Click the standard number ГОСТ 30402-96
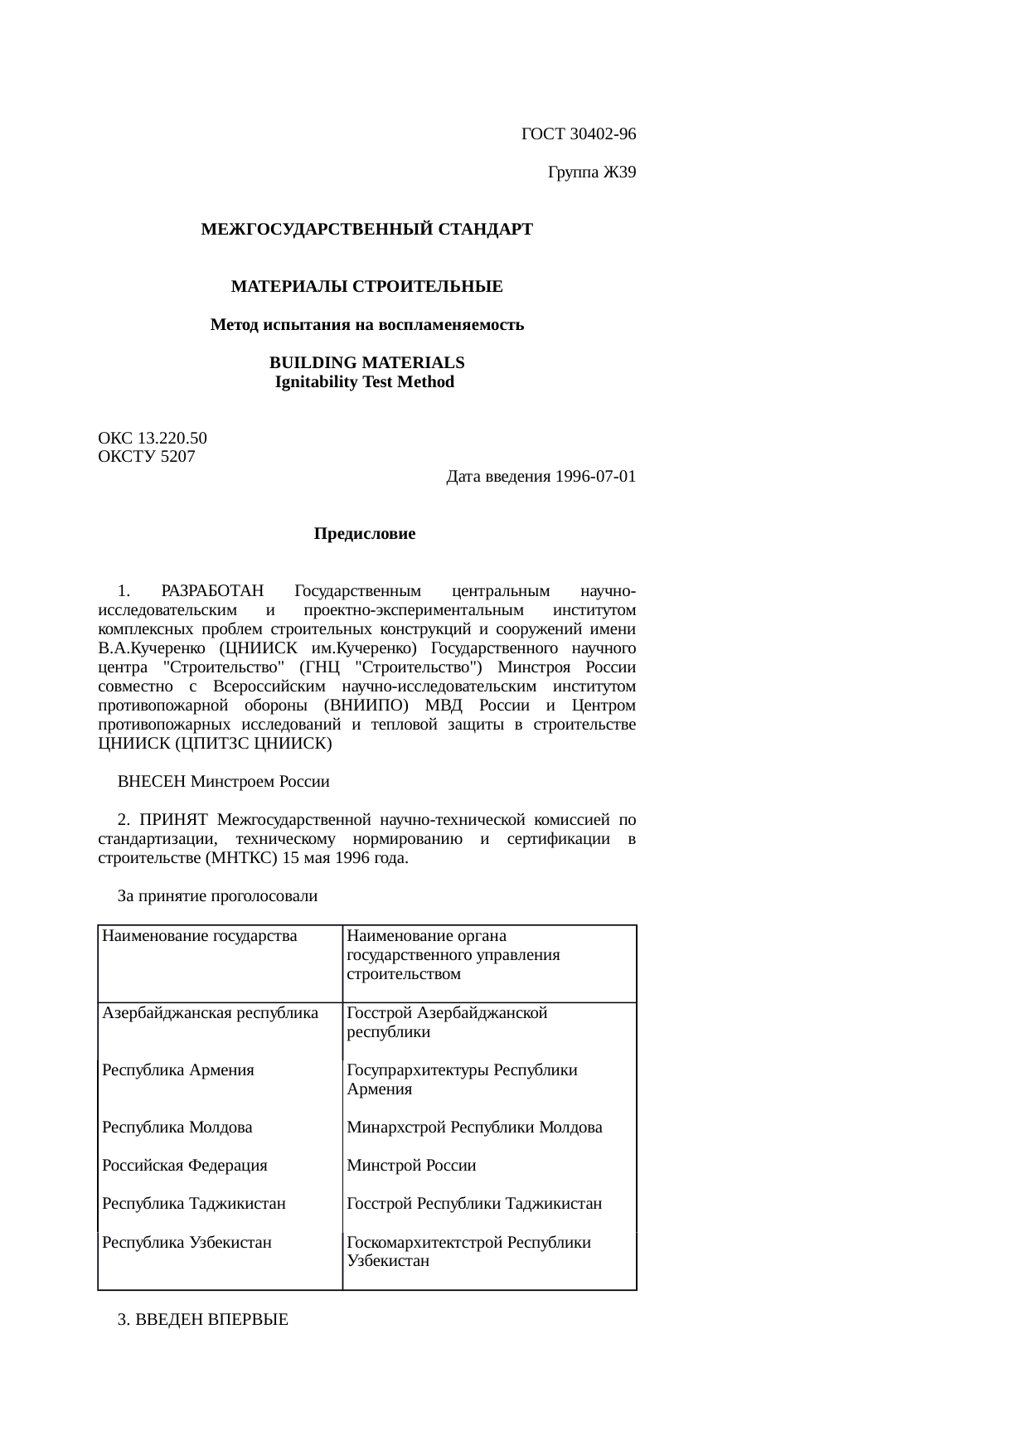point(579,134)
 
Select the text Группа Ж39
point(592,172)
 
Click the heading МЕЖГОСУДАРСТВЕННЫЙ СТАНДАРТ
point(366,230)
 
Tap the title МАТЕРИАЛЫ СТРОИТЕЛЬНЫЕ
point(366,287)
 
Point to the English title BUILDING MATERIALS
point(366,363)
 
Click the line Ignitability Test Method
point(365,382)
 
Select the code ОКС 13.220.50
point(153,438)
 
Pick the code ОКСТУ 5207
point(147,457)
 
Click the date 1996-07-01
point(595,477)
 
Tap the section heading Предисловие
point(365,535)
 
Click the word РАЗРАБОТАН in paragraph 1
point(212,591)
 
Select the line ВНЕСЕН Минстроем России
point(224,782)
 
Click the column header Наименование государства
point(199,937)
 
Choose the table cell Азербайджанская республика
point(210,1013)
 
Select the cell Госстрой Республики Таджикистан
point(474,1204)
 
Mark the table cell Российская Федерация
point(184,1166)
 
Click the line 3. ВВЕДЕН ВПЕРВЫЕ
point(203,1320)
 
